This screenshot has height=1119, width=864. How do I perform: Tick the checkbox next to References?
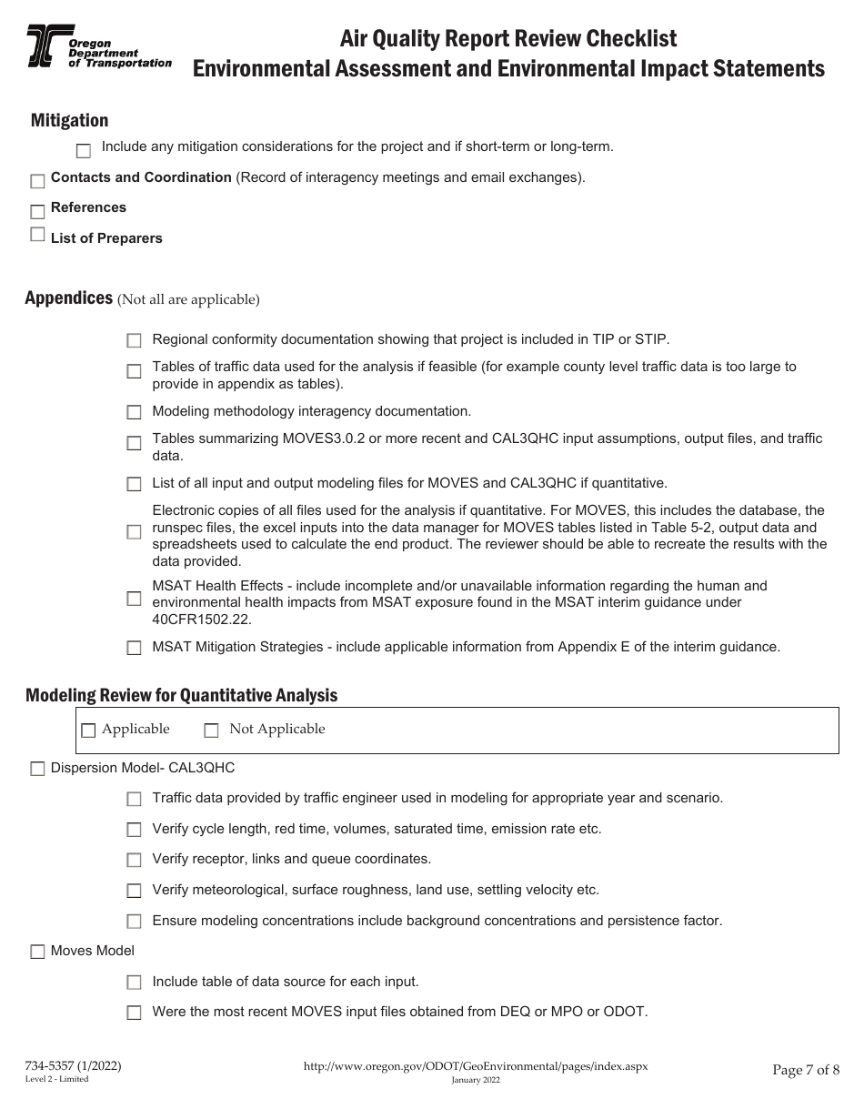(x=37, y=212)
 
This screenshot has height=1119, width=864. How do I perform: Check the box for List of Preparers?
(x=37, y=235)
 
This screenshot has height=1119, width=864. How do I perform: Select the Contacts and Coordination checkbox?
(x=37, y=182)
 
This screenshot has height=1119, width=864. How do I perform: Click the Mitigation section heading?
(x=69, y=120)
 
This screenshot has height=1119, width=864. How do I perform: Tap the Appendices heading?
(x=68, y=298)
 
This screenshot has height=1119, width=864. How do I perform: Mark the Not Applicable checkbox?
(x=212, y=730)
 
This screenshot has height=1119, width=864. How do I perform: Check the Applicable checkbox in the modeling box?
(x=88, y=730)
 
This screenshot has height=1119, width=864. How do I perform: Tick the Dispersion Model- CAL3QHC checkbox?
(x=37, y=769)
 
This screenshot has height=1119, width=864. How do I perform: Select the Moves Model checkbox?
(x=37, y=952)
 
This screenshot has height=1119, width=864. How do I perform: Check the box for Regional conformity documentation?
(x=134, y=340)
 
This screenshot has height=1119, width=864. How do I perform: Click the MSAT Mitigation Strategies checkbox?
(x=134, y=648)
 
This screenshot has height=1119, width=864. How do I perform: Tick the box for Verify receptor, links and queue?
(x=134, y=860)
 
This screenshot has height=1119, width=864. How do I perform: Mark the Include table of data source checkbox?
(x=134, y=983)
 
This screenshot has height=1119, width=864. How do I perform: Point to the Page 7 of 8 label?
(x=805, y=1070)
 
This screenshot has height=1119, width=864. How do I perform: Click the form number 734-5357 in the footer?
(x=73, y=1065)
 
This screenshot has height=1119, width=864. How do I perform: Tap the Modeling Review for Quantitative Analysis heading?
(x=181, y=695)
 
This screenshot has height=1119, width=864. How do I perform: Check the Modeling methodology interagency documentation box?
(x=134, y=412)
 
